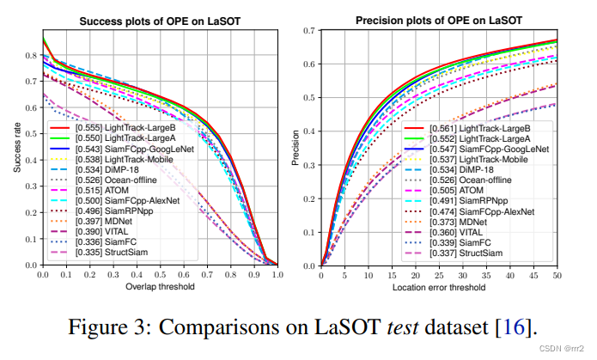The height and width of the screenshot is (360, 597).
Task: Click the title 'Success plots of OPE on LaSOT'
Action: click(160, 21)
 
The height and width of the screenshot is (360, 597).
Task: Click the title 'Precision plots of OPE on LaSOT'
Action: click(438, 21)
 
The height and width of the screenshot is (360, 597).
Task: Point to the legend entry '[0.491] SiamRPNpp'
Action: click(471, 200)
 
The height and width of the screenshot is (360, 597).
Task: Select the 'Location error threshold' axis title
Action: click(438, 285)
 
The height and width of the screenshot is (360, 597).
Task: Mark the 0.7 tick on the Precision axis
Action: click(308, 32)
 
